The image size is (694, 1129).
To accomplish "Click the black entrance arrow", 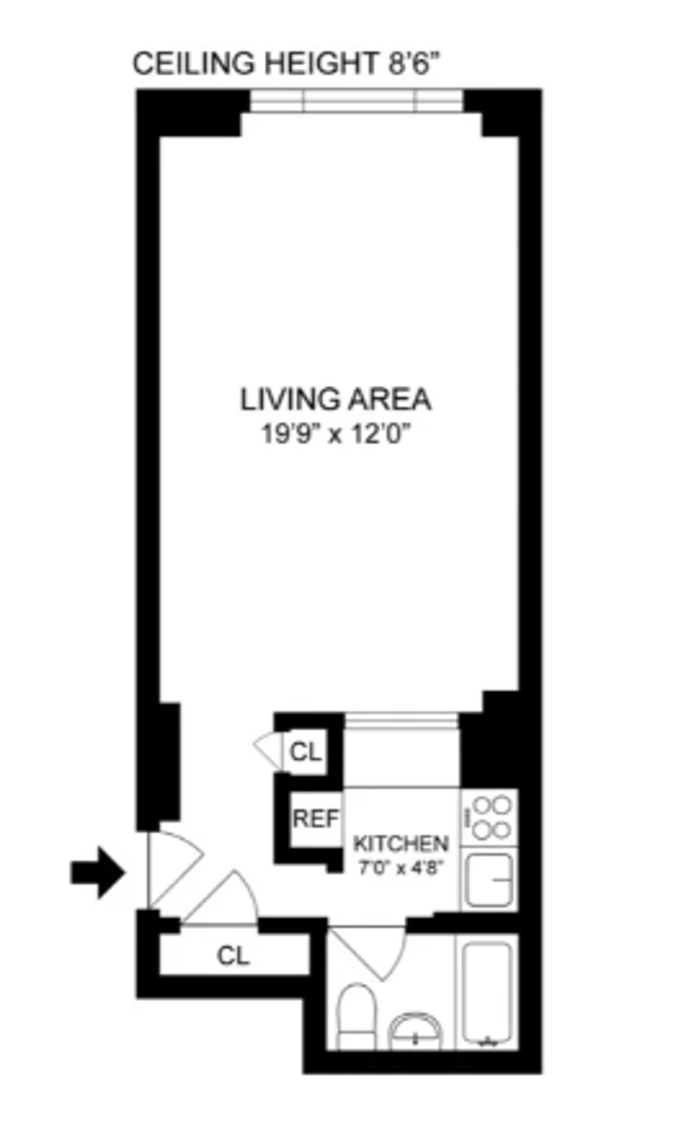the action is [97, 872].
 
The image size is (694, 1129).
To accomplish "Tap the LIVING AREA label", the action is [336, 399].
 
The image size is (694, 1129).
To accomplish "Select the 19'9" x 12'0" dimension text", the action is [336, 434].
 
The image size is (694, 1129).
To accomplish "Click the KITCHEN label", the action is [401, 844].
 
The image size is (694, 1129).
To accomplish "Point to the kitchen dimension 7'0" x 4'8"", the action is [401, 868].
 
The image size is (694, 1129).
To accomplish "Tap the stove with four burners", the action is [488, 817].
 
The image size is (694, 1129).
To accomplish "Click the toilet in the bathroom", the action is [356, 1016].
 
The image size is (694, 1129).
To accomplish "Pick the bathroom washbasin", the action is [416, 1032].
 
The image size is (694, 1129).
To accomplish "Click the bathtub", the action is [488, 992].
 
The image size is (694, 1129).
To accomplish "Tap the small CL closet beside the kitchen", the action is [305, 752].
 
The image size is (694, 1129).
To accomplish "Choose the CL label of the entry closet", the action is [233, 955].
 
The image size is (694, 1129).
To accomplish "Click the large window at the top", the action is [357, 101].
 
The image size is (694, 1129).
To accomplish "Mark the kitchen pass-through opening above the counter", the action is [402, 721].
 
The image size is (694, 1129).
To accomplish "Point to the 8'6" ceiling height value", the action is [414, 63].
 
